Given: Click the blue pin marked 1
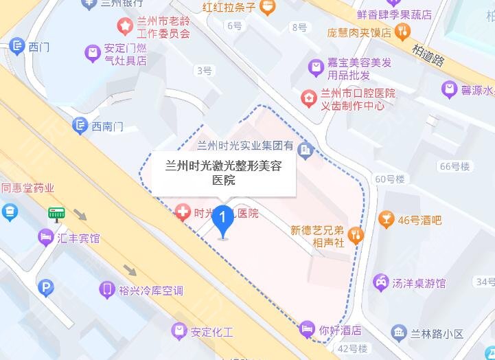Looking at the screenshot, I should point(222,221).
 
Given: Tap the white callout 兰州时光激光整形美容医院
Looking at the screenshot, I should point(224,172).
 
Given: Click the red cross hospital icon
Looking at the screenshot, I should point(183,213).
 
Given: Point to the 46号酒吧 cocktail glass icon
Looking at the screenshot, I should point(386,220).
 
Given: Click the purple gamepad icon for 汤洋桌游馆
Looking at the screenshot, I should point(380,282).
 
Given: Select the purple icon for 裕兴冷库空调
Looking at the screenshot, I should point(106,290).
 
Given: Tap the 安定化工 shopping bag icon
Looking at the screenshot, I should point(179,332).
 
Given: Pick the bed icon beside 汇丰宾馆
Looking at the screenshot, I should point(46,238).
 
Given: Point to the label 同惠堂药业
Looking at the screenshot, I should point(27,188).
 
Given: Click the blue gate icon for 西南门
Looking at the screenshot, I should point(80,126).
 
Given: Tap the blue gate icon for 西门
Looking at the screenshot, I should point(17,47).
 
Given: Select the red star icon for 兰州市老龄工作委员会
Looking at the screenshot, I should point(125,27).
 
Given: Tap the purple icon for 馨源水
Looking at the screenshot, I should point(449,89).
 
